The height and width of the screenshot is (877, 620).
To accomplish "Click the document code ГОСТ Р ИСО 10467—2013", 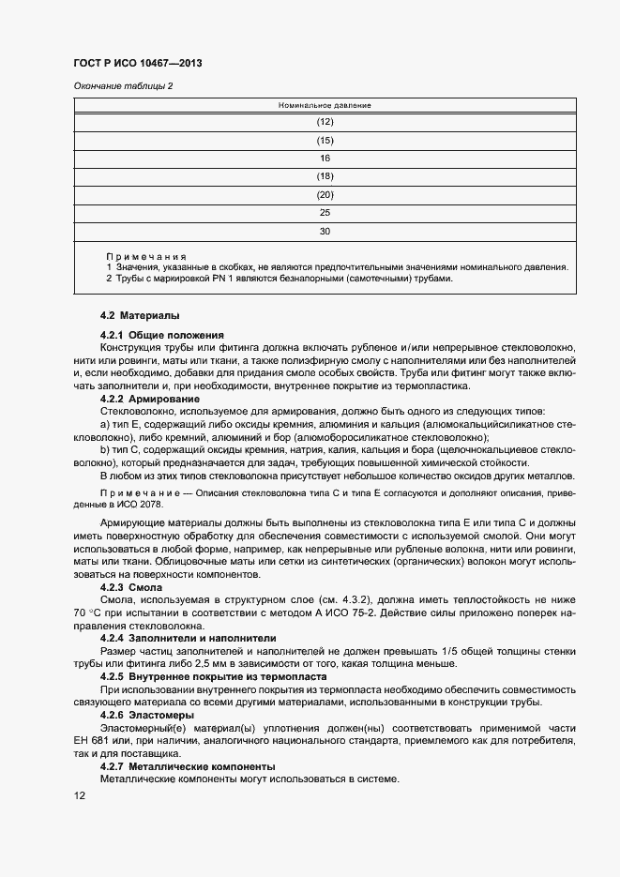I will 138,64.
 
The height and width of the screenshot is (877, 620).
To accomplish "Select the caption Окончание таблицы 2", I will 123,87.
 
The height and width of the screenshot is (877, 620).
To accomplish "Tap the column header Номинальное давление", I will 325,105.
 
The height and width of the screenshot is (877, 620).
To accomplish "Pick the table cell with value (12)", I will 325,122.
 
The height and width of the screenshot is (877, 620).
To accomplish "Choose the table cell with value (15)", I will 325,140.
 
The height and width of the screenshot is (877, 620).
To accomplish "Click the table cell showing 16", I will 325,158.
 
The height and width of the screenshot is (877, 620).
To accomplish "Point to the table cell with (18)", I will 325,175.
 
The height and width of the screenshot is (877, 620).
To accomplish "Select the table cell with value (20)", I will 325,194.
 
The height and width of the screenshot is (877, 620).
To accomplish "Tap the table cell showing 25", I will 325,212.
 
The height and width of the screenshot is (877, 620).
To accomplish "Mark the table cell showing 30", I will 325,230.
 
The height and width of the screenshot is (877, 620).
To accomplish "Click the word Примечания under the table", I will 146,256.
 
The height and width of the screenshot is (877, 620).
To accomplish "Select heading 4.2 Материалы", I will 140,315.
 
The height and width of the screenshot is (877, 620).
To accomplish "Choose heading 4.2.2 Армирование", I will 150,399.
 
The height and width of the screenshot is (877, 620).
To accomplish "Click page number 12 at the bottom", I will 80,795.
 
